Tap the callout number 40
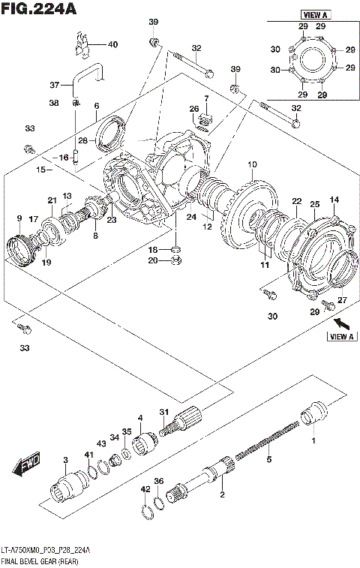tap(112, 45)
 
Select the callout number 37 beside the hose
tap(54, 84)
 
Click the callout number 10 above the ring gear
tap(251, 164)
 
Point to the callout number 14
tap(334, 199)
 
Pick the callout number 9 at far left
tap(19, 218)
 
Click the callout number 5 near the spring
tap(268, 459)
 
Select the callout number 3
tap(66, 459)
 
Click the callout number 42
tap(144, 488)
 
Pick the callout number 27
tap(342, 301)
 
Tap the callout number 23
tap(111, 220)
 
